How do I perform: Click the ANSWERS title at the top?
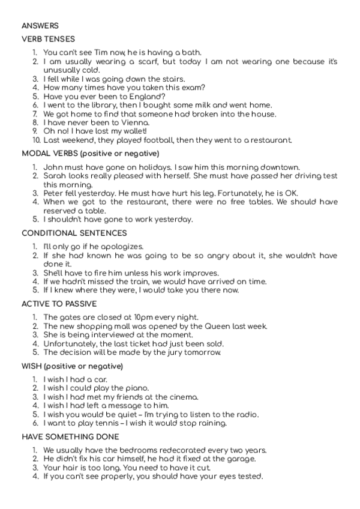coord(40,26)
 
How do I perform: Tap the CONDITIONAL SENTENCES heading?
coord(74,233)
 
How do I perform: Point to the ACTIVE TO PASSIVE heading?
coord(60,304)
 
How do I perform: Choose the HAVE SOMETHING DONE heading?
coord(70,437)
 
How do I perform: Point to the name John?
coord(53,167)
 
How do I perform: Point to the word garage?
coord(241,459)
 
